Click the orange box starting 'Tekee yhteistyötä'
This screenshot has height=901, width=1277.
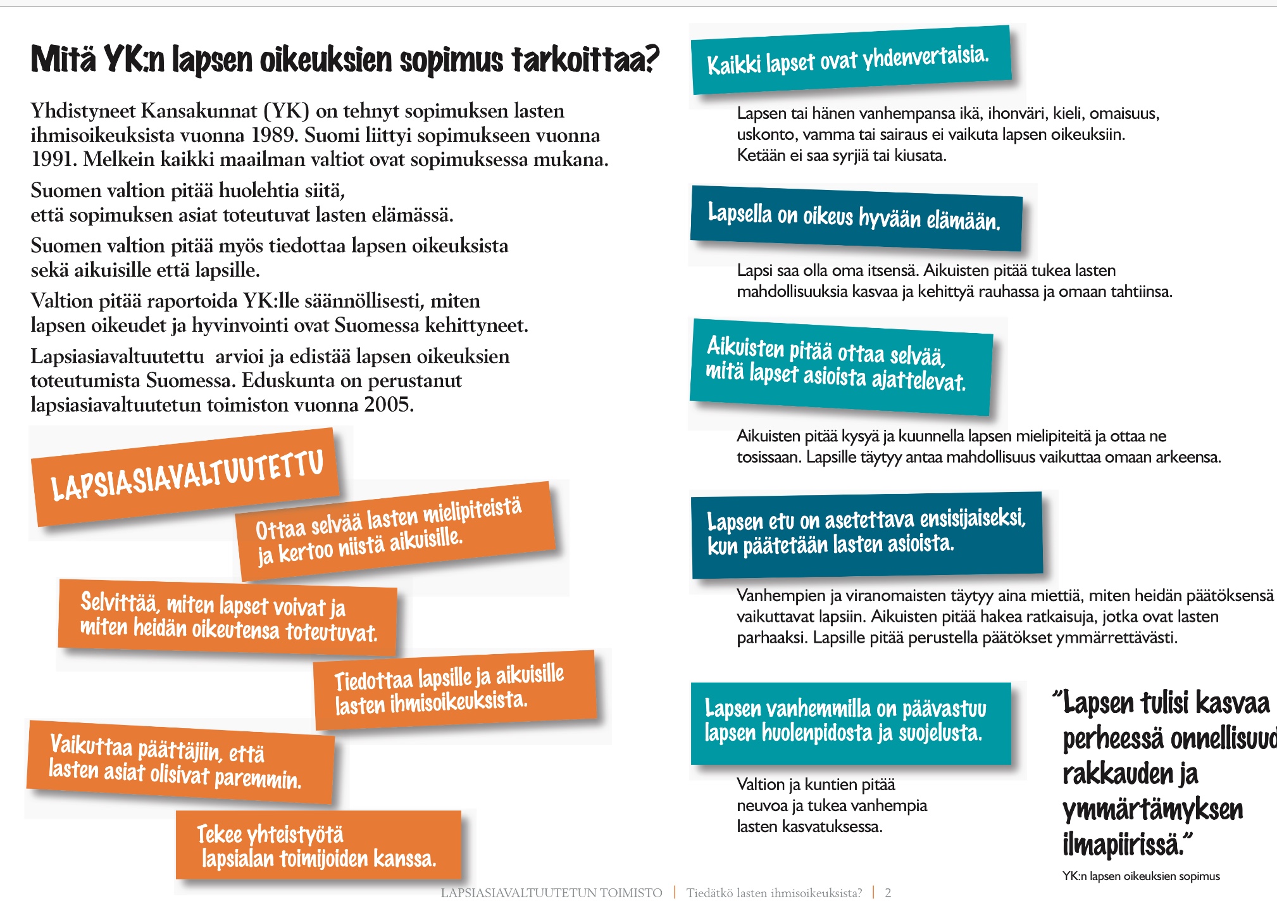tap(318, 845)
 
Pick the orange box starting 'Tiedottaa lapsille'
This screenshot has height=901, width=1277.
tap(454, 689)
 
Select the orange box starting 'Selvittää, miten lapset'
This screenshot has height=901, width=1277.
tap(228, 617)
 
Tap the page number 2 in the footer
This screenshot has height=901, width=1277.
tap(888, 893)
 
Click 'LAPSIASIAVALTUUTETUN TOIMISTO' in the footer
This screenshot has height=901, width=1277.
tap(551, 893)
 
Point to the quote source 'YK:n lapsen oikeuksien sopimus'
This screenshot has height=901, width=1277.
tap(1140, 876)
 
